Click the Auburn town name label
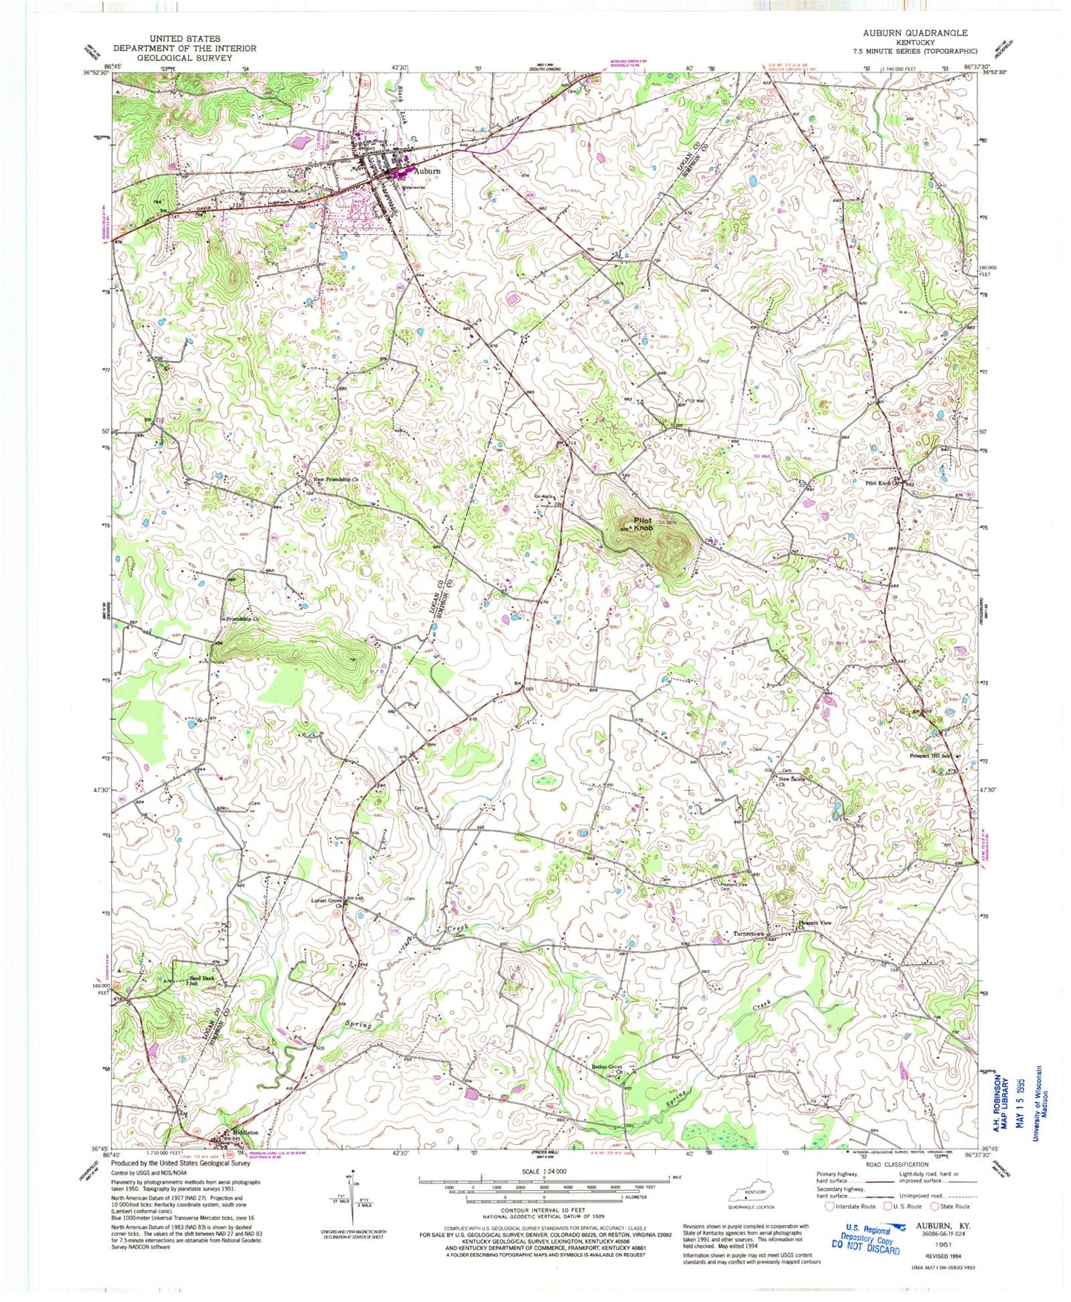tap(426, 170)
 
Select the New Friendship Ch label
tap(336, 480)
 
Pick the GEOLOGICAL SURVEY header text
tap(185, 58)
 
